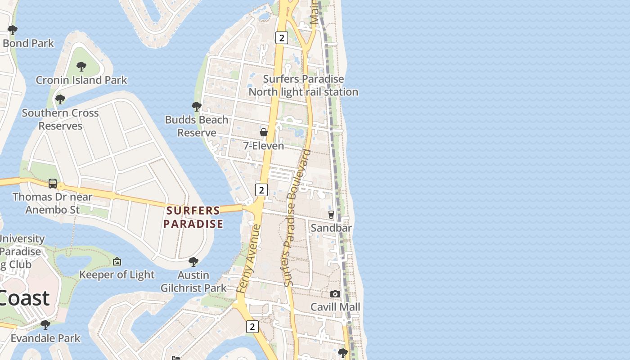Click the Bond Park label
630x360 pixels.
tap(28, 43)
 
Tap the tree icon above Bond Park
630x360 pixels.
tap(13, 30)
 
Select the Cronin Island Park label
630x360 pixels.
tap(81, 80)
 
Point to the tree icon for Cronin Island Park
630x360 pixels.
tap(81, 67)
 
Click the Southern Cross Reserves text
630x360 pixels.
tap(60, 119)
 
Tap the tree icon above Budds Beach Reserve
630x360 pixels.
tap(196, 107)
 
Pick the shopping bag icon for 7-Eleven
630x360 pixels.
tap(264, 132)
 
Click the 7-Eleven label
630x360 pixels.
tap(264, 146)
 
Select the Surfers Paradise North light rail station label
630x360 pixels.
tap(304, 85)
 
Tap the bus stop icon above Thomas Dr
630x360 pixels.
tap(53, 184)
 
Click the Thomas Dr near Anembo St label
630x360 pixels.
tap(53, 203)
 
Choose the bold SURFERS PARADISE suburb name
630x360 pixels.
tap(193, 217)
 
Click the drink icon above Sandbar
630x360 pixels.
tap(331, 215)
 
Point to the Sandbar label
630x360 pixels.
tap(331, 228)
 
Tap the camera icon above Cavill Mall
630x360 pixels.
tap(335, 294)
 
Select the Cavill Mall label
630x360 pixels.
tap(335, 307)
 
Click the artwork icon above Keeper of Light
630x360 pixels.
tap(117, 261)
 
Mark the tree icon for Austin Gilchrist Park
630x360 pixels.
tap(193, 261)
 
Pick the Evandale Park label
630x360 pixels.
tap(45, 338)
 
